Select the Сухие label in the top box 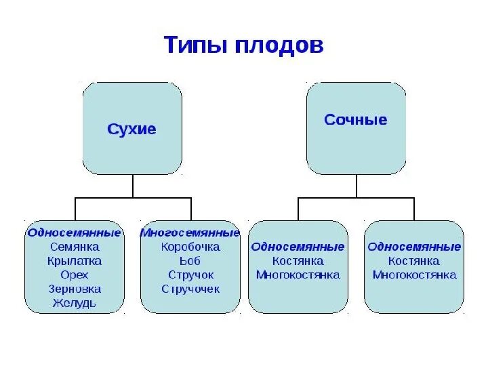pyautogui.click(x=132, y=129)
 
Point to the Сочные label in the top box pyautogui.click(x=356, y=120)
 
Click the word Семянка pyautogui.click(x=75, y=247)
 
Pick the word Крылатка pyautogui.click(x=75, y=261)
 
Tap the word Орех pyautogui.click(x=75, y=275)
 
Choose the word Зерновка pyautogui.click(x=75, y=289)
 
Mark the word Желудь pyautogui.click(x=75, y=304)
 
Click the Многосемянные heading pyautogui.click(x=190, y=233)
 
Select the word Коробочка pyautogui.click(x=190, y=247)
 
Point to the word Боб pyautogui.click(x=190, y=261)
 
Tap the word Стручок pyautogui.click(x=190, y=275)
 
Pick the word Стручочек pyautogui.click(x=190, y=289)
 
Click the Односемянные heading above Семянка pyautogui.click(x=75, y=232)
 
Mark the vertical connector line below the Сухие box pyautogui.click(x=133, y=186)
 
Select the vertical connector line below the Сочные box pyautogui.click(x=357, y=186)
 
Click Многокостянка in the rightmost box pyautogui.click(x=414, y=275)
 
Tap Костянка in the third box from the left pyautogui.click(x=298, y=261)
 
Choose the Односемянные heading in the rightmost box pyautogui.click(x=414, y=247)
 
